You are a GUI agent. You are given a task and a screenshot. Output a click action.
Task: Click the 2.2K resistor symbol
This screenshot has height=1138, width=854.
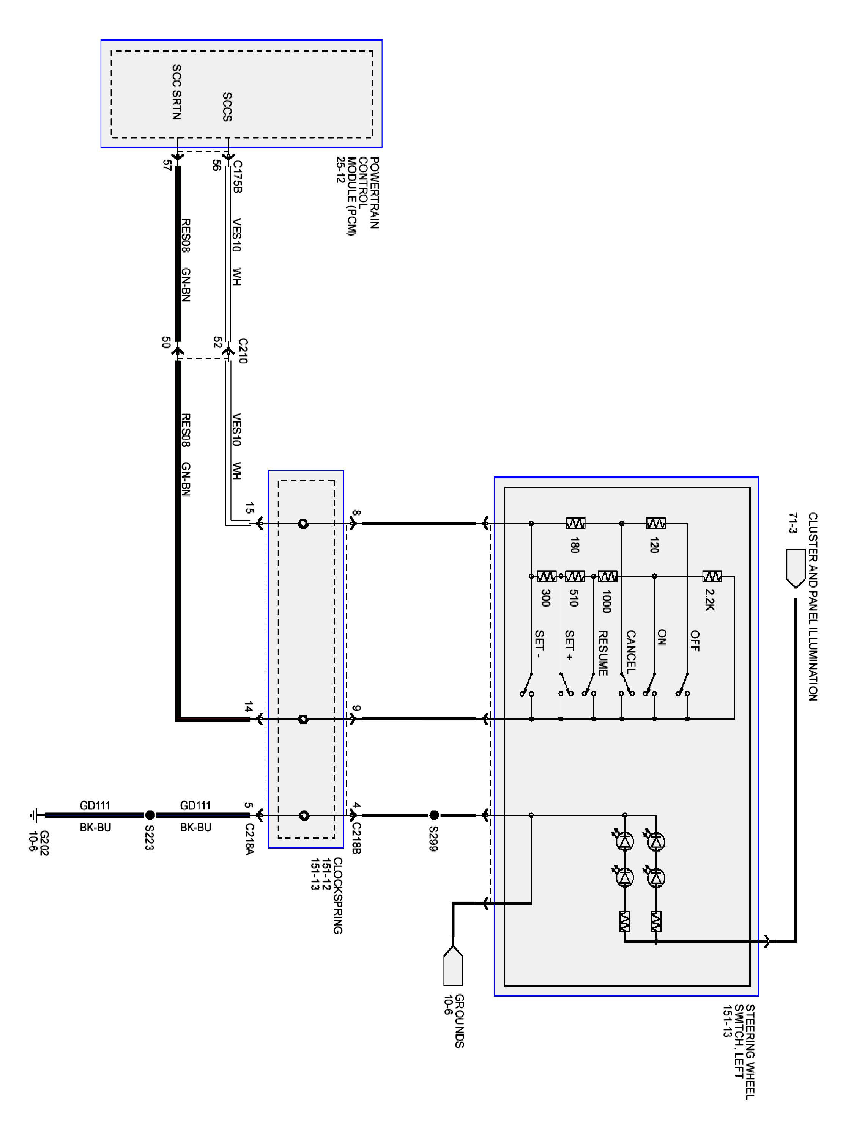(x=712, y=576)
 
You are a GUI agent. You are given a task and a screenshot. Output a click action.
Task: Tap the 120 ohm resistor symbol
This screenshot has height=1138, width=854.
(x=655, y=523)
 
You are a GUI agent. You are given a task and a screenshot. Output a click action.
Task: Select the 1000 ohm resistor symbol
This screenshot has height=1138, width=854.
(x=607, y=576)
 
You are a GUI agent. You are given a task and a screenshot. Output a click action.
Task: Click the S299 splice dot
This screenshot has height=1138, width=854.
(x=434, y=815)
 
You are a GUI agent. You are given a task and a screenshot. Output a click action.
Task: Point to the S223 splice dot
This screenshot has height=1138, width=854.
(x=150, y=815)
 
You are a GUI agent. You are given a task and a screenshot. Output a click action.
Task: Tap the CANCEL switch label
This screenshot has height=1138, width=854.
(x=630, y=651)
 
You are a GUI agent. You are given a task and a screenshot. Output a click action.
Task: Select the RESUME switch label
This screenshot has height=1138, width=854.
(x=603, y=653)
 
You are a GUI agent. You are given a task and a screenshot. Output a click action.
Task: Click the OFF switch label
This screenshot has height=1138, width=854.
(x=695, y=641)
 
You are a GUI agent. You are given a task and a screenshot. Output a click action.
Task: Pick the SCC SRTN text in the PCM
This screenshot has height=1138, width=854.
(x=176, y=92)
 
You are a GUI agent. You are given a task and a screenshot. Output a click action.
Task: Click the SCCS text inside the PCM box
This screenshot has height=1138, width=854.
(x=227, y=107)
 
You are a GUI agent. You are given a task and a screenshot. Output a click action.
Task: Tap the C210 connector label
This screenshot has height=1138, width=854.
(x=243, y=351)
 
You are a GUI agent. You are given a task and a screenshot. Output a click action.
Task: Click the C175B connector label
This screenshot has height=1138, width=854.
(x=237, y=177)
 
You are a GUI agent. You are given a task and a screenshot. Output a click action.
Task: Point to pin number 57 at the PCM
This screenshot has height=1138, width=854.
(x=166, y=165)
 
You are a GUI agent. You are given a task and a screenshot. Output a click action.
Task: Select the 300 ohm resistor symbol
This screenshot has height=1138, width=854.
(x=546, y=576)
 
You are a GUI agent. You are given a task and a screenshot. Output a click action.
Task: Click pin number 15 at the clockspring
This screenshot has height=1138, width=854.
(x=249, y=508)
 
